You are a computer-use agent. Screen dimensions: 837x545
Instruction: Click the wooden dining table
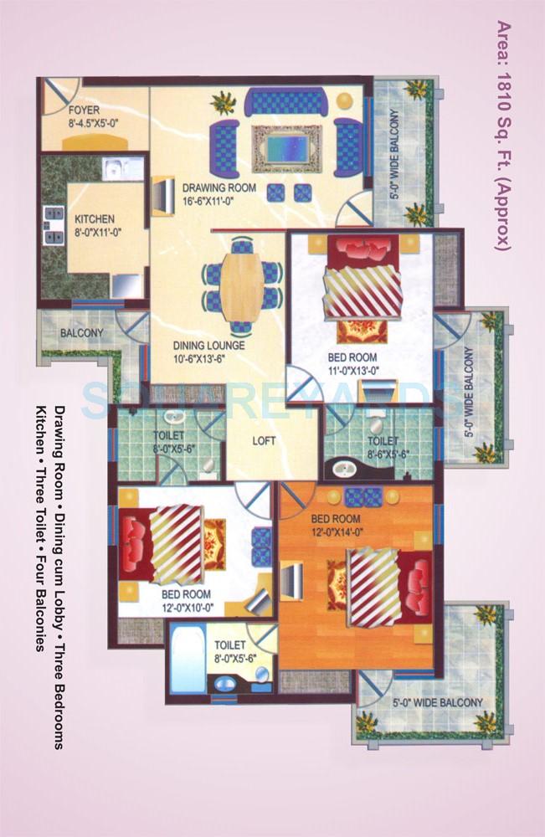[242, 285]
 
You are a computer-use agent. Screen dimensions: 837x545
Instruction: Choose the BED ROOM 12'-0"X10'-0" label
[187, 600]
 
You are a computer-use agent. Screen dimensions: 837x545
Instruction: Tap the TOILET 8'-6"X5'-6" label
[383, 446]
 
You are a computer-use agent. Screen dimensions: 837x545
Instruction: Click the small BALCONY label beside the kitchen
[81, 332]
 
